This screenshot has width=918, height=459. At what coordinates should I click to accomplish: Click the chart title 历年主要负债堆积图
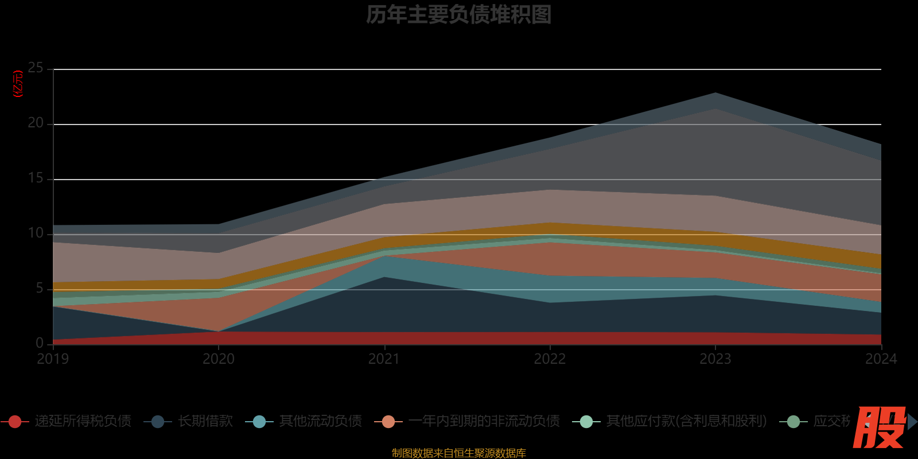(x=458, y=15)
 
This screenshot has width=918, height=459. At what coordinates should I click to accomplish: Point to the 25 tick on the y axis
(x=36, y=68)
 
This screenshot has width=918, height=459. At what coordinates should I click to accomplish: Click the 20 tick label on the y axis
(x=36, y=123)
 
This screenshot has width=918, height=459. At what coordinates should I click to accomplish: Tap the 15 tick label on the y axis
(x=36, y=178)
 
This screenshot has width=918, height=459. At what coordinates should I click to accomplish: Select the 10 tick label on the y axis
(x=36, y=234)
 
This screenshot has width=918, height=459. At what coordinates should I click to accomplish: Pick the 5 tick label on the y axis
(x=39, y=289)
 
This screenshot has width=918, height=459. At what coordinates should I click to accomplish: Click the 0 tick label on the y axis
(x=39, y=343)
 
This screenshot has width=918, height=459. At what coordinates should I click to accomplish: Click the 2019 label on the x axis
(x=53, y=359)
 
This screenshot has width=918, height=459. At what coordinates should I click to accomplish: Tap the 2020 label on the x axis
(x=219, y=359)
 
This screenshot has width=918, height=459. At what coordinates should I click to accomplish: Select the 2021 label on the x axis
(x=384, y=359)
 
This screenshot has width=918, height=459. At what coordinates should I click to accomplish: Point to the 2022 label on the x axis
(x=550, y=359)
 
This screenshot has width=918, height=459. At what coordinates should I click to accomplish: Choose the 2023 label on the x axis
(x=715, y=359)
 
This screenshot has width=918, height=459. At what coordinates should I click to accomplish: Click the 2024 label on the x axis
(x=881, y=359)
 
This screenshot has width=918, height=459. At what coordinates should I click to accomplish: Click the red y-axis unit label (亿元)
(x=18, y=84)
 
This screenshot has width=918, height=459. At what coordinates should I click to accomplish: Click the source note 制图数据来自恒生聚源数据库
(x=458, y=453)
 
